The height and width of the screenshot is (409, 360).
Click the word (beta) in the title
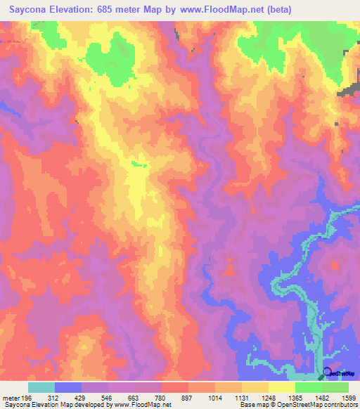tap(276, 8)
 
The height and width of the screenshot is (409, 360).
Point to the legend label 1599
tap(348, 397)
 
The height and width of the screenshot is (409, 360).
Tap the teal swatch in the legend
tap(41, 387)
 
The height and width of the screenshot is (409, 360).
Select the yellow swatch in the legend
tap(281, 387)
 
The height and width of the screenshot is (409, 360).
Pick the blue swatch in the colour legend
tap(68, 387)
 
